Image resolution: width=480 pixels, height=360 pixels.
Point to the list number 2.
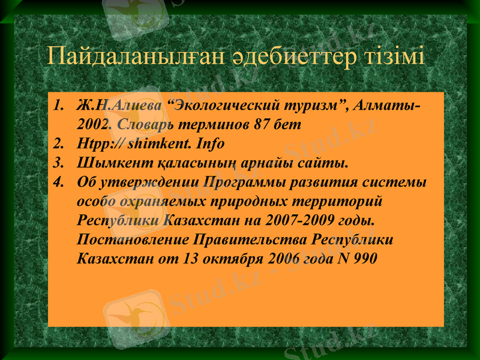[58, 144]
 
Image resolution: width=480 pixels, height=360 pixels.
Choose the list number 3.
[58, 163]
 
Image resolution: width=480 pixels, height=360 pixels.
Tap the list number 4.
[58, 181]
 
